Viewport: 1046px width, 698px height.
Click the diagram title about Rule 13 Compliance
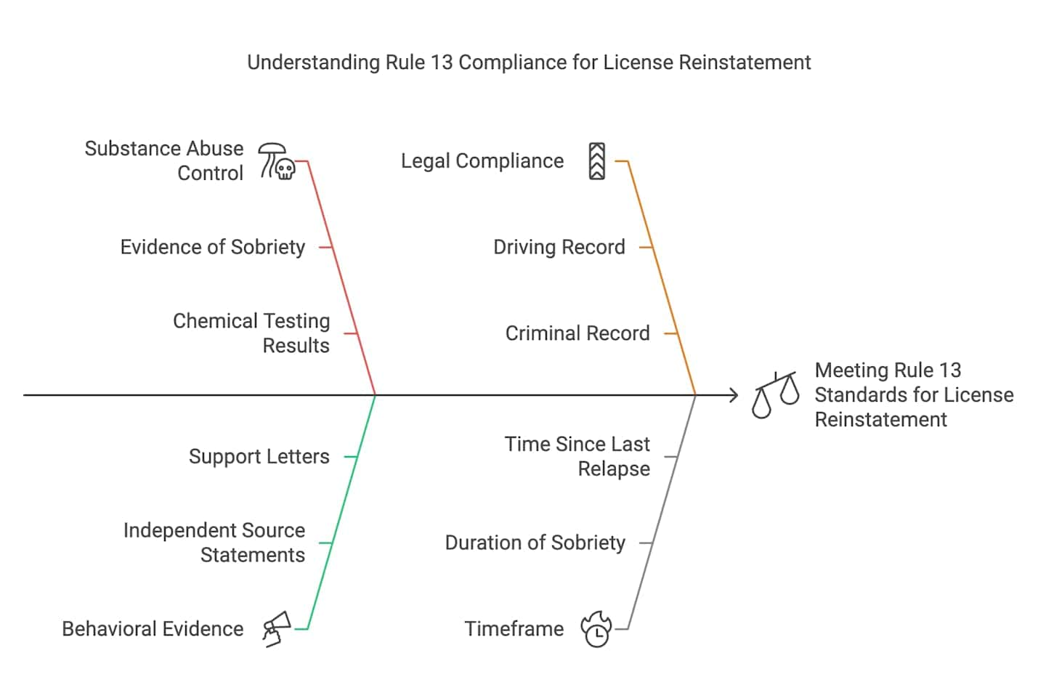pos(529,62)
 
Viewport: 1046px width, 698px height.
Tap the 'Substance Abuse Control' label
pos(164,161)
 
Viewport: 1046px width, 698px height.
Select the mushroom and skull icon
pos(277,161)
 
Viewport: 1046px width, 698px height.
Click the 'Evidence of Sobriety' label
pos(212,247)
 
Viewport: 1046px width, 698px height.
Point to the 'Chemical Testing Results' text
pos(251,333)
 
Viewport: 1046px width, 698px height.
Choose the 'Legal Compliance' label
pos(482,161)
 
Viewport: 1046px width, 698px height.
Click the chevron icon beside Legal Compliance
pos(596,161)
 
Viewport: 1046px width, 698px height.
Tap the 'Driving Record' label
pos(559,247)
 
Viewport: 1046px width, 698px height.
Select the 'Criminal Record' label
pos(577,333)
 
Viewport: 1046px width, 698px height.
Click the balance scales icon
pos(775,395)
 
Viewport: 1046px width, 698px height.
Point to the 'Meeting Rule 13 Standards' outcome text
pos(913,395)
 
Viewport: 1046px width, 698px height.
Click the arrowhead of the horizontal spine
pos(734,395)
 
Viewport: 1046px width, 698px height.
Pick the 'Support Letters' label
pos(259,457)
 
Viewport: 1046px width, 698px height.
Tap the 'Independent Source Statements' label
pos(214,543)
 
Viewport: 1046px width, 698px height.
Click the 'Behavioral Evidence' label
pos(153,629)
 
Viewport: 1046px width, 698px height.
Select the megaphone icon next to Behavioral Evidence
pos(277,629)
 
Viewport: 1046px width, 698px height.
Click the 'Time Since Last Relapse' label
pos(577,457)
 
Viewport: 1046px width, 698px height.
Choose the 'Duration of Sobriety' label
pos(535,543)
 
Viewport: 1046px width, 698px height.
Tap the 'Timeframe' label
pos(514,629)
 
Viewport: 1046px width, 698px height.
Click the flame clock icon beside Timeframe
pos(596,629)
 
